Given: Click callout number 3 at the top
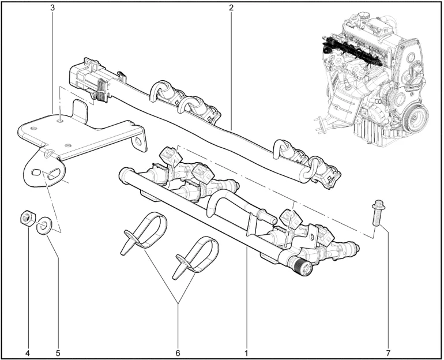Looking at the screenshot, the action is [x=52, y=7].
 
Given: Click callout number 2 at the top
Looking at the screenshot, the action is [x=231, y=7].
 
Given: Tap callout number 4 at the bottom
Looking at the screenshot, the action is [x=28, y=353].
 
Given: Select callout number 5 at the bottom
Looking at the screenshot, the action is [x=58, y=353].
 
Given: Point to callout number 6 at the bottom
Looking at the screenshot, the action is [x=178, y=353].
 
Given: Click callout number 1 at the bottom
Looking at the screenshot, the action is [x=246, y=353].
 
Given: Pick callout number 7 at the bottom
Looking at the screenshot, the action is [x=388, y=353].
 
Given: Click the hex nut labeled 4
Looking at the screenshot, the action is [x=28, y=217].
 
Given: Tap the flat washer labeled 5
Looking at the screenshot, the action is [x=43, y=225].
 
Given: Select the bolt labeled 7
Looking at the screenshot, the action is [x=376, y=213].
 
